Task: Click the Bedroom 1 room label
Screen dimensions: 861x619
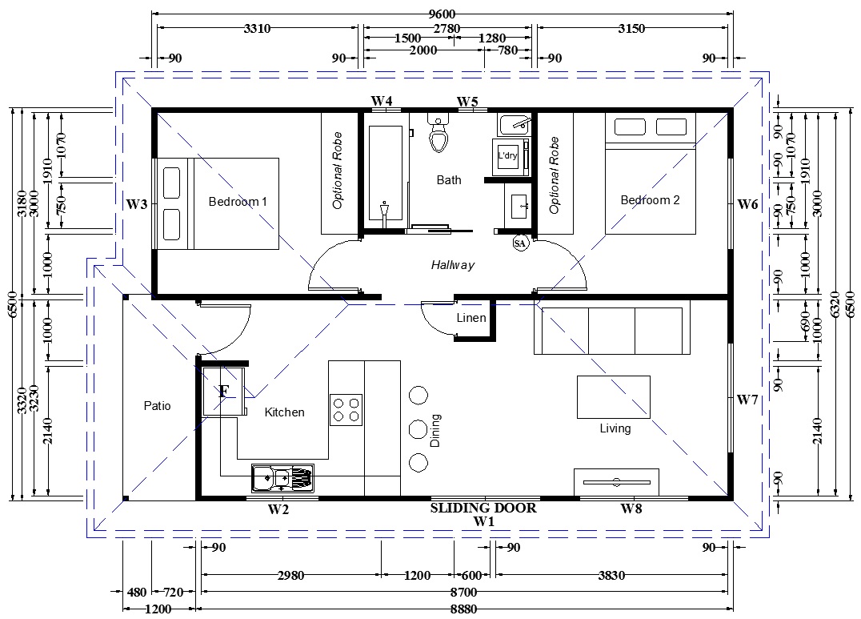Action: (x=238, y=202)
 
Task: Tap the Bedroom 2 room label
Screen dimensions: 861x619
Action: (x=650, y=200)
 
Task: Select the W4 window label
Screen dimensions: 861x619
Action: (x=382, y=101)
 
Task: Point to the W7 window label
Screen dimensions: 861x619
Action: (x=747, y=400)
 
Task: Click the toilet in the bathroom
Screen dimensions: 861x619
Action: (x=439, y=134)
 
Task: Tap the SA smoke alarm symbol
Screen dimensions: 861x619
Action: (x=519, y=243)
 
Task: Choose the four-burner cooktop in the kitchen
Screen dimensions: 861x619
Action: (x=346, y=409)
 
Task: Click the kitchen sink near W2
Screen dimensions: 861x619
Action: (x=282, y=478)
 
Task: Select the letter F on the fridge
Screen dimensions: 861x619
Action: (x=223, y=392)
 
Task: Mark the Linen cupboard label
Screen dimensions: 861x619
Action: (x=471, y=318)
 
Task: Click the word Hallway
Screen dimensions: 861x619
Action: (x=452, y=265)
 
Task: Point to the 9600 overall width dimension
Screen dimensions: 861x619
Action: (x=442, y=14)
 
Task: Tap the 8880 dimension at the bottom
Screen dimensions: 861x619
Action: (x=463, y=609)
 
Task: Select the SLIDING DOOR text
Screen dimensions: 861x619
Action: (x=483, y=508)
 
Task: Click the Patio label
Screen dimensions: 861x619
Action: (x=157, y=406)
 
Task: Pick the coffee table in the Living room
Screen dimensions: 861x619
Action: (x=614, y=397)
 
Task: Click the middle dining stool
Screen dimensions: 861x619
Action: (x=418, y=428)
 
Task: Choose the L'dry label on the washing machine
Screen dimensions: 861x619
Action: (x=507, y=155)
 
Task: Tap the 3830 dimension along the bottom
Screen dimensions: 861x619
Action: (x=611, y=575)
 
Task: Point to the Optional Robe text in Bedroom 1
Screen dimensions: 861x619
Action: (x=337, y=171)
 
